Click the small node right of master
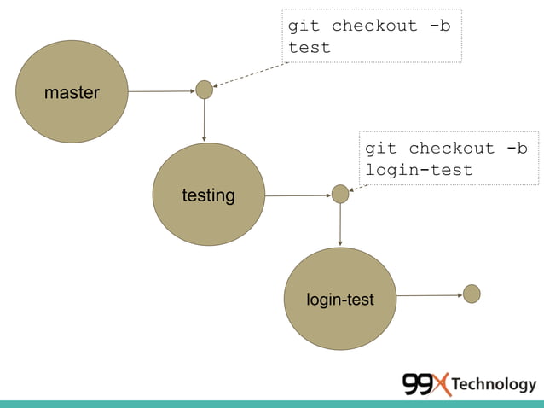(x=204, y=90)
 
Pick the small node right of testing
(x=340, y=195)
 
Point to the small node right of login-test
(x=472, y=294)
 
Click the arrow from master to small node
(x=161, y=90)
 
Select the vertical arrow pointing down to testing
(x=204, y=119)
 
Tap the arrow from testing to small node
(x=298, y=195)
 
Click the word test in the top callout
(x=309, y=48)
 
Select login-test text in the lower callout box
(x=419, y=170)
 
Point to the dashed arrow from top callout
(x=252, y=74)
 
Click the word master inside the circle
(x=72, y=92)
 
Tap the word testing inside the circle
(x=208, y=195)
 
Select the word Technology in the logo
(x=494, y=384)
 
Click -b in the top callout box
(x=439, y=26)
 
